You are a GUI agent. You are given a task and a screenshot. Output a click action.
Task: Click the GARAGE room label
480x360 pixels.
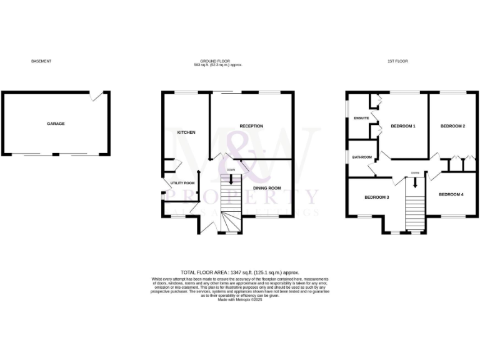point(56,124)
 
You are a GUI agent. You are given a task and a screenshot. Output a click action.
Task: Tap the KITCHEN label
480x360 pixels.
point(186,132)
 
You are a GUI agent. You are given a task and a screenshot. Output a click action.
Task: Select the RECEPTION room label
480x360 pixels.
point(251,126)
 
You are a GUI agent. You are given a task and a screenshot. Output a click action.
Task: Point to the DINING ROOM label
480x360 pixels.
point(267,187)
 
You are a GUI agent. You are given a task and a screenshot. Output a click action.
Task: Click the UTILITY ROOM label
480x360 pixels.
point(182,183)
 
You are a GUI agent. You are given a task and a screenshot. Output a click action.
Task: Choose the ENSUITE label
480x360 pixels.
point(361,118)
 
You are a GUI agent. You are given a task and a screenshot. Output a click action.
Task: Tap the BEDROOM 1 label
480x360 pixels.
point(403,126)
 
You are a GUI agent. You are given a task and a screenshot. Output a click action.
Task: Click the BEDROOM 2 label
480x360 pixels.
point(453,126)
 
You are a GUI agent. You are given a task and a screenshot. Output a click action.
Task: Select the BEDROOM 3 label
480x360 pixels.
point(377,197)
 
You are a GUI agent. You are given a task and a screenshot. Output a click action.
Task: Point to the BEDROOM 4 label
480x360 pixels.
point(451,194)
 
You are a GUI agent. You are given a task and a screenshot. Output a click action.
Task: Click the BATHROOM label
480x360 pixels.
point(362,157)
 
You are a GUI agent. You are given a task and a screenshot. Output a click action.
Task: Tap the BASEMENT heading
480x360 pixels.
point(41,61)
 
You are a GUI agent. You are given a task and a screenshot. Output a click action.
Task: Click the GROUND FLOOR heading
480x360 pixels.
point(208,61)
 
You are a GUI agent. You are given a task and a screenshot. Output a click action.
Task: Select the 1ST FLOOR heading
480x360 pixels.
point(397,61)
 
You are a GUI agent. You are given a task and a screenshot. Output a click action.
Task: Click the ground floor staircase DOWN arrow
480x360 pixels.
point(232,178)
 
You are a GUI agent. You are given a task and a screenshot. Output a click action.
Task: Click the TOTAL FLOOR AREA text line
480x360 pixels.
point(240,272)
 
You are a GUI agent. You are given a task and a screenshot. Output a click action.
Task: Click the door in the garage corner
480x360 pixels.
point(96,96)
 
